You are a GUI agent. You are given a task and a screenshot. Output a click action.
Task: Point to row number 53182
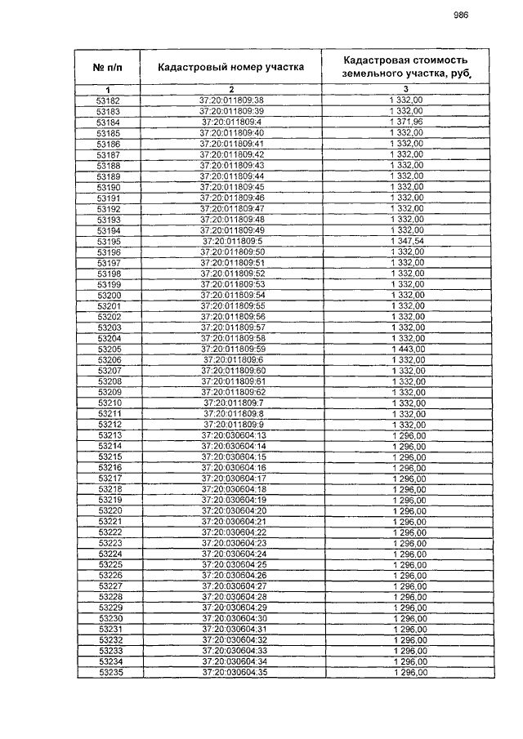pos(108,100)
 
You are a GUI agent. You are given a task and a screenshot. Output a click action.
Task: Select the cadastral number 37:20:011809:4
pos(231,122)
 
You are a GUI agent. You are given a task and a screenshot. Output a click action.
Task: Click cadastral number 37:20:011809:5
pos(232,242)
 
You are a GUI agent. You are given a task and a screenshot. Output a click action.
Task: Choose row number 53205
pos(109,349)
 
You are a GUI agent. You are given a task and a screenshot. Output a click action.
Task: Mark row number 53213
pos(110,435)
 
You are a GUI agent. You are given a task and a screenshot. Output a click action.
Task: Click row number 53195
pos(109,242)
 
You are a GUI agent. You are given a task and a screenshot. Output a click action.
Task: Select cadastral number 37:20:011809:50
pos(232,252)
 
